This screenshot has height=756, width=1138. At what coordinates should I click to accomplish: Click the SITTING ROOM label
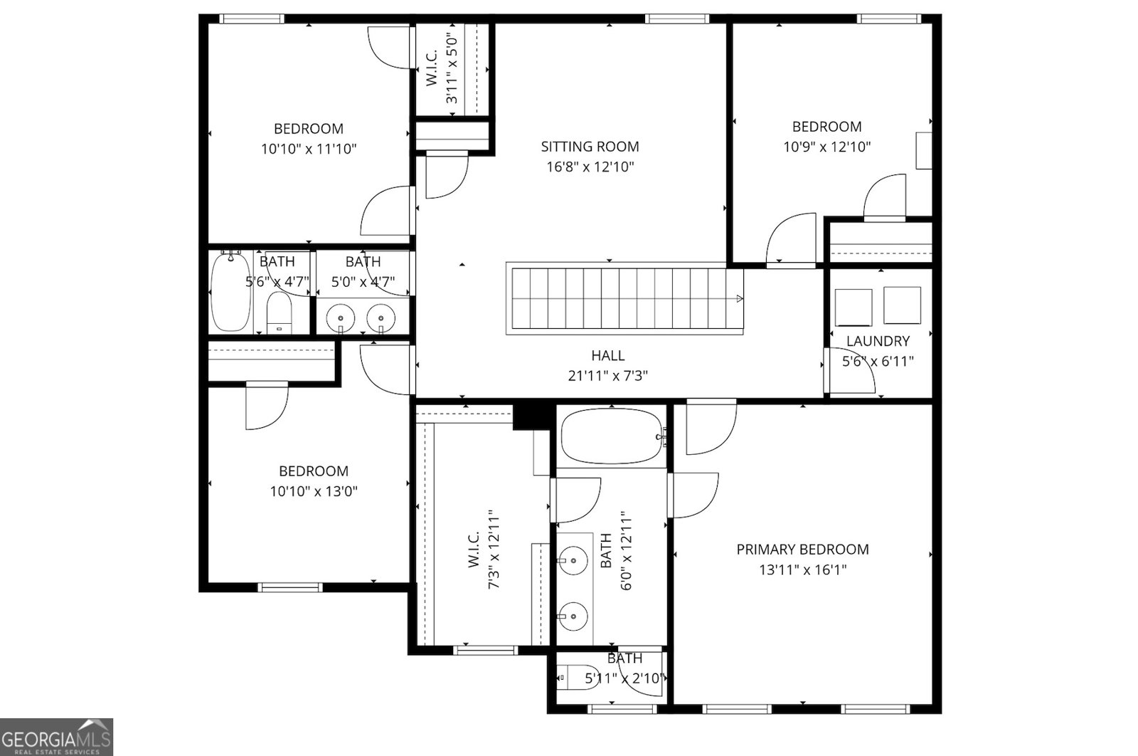(x=590, y=147)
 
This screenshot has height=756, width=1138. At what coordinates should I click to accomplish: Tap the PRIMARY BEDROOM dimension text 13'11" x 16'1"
(x=802, y=570)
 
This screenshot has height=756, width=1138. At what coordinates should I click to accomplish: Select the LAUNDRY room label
(x=878, y=341)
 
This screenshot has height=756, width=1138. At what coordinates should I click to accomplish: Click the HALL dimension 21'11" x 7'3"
(x=608, y=376)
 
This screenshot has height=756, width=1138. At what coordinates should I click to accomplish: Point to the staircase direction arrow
(x=740, y=298)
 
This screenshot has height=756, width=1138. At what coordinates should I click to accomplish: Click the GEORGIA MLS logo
(x=56, y=737)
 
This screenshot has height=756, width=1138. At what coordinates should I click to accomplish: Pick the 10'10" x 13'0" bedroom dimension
(x=313, y=491)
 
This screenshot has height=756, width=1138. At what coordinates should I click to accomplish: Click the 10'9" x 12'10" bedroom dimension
(x=827, y=147)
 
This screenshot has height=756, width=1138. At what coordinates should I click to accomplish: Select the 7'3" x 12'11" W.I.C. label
(x=473, y=550)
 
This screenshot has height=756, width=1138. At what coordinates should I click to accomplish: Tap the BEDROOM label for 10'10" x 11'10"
(x=309, y=129)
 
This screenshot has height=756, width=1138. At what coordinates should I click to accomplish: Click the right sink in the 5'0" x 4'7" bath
(x=381, y=317)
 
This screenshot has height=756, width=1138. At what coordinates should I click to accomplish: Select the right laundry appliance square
(x=902, y=305)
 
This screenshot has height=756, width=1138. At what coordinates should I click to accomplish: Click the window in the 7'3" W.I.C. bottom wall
(x=486, y=649)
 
